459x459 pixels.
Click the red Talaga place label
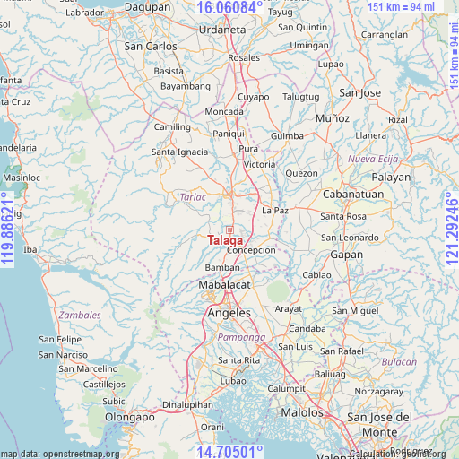coord(225,240)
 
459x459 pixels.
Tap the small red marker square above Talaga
coord(229,229)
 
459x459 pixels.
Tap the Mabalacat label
coord(225,285)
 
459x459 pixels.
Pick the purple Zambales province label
coord(80,316)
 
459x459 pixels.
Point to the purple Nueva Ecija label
coord(372,159)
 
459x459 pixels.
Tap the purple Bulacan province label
coord(399,361)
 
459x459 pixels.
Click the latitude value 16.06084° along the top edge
coord(229,7)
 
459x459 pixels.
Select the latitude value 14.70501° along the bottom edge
coord(229,452)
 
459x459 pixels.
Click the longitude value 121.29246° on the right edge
coord(451,229)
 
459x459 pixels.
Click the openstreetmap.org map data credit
coord(60,454)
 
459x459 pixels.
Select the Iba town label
coord(30,249)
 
